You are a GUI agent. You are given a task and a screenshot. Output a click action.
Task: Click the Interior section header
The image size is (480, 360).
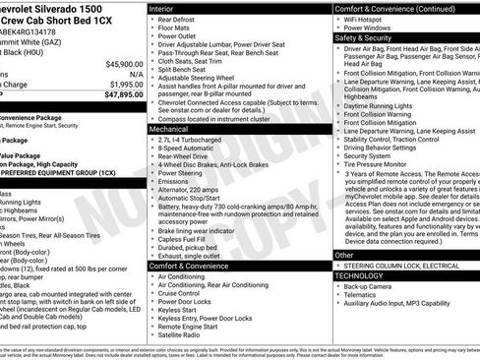pos(162,8)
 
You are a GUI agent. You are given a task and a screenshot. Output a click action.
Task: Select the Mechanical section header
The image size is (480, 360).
pos(169,128)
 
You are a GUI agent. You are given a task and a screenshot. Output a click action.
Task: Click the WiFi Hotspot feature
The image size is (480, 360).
pos(364,19)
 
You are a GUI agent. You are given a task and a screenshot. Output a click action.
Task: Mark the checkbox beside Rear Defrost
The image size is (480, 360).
pos(152,20)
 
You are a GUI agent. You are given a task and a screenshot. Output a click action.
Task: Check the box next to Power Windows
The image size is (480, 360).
pos(338,29)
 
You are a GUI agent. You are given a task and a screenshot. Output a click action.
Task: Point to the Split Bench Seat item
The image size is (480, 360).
pos(180,70)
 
